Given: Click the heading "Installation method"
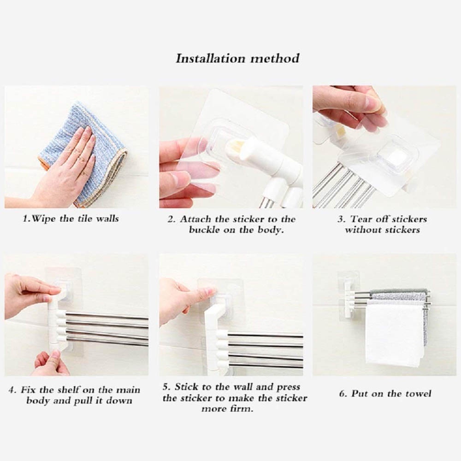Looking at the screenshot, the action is (237, 58).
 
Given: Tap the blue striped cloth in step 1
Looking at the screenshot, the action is (85, 153).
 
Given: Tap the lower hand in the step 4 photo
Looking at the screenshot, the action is (52, 363).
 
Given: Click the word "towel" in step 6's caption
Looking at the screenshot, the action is (419, 393).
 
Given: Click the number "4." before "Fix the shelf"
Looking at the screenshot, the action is (12, 390).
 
